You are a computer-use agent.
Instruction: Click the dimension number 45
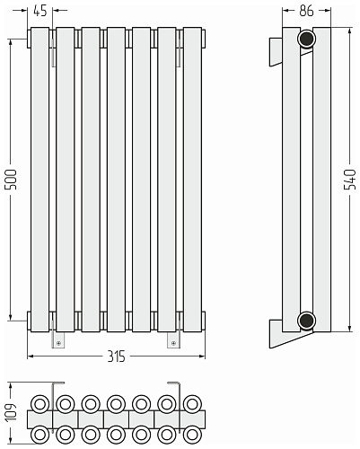(40, 11)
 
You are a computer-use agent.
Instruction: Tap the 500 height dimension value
(11, 180)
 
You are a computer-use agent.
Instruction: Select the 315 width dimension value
(116, 357)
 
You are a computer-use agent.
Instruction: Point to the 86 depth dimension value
(306, 11)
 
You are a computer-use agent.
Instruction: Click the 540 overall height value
(350, 180)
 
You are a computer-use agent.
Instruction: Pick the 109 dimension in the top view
(11, 412)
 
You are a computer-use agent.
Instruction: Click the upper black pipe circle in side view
(306, 39)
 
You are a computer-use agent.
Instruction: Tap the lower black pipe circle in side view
(306, 321)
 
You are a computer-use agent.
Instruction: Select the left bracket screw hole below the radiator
(58, 343)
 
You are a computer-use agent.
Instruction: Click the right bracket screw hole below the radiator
(173, 343)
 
